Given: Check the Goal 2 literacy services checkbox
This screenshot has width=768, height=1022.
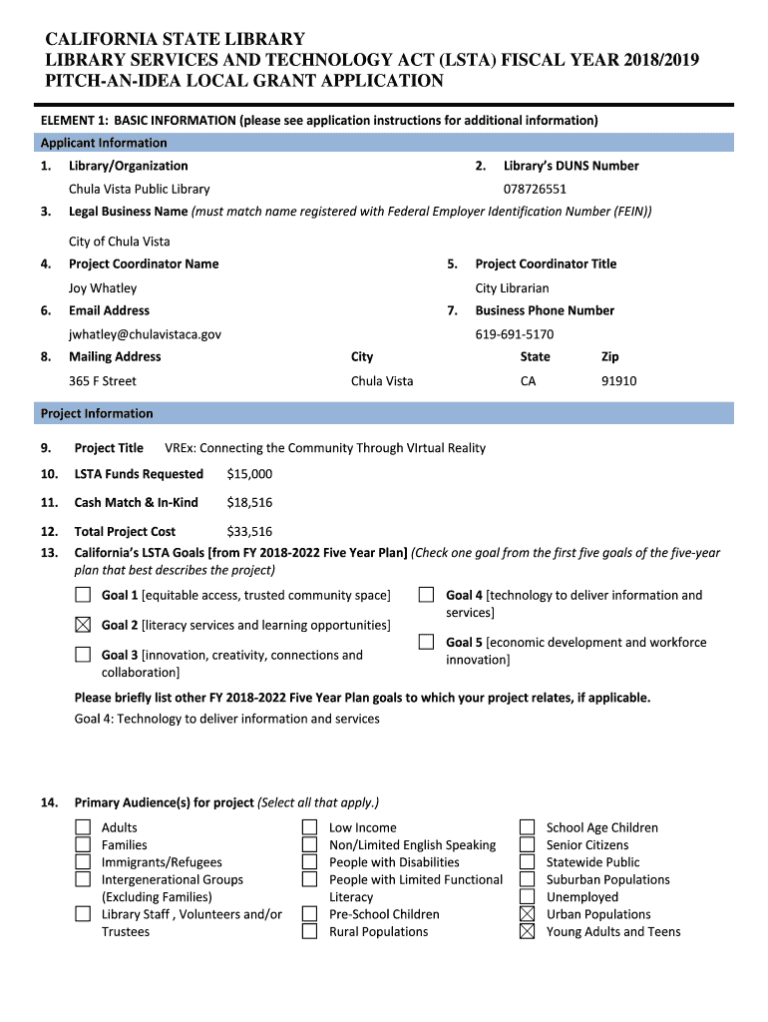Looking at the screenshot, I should click(x=83, y=626).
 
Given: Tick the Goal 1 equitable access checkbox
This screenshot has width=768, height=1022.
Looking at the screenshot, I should click(x=83, y=596).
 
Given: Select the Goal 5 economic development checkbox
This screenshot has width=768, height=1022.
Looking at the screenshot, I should click(x=427, y=643).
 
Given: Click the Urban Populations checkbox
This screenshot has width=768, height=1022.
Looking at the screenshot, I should click(x=528, y=914).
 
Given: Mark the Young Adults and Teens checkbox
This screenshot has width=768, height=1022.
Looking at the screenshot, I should click(x=528, y=932).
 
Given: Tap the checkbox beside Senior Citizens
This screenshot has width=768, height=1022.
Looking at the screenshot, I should click(x=528, y=845).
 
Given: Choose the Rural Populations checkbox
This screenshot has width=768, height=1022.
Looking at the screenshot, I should click(x=310, y=932).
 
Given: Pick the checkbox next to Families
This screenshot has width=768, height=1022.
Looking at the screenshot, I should click(x=83, y=845).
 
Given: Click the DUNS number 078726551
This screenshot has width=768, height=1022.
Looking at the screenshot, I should click(x=535, y=189).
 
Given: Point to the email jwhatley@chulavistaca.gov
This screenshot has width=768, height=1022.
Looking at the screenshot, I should click(x=145, y=334).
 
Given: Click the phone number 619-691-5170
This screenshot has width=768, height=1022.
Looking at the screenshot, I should click(x=515, y=334).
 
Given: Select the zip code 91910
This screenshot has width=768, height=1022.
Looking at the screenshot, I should click(x=618, y=381).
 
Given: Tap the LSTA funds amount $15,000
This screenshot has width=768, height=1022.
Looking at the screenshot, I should click(x=249, y=474).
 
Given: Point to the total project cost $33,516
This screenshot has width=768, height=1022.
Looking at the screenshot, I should click(x=249, y=532).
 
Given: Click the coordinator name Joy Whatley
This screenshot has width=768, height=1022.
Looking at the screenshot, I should click(x=103, y=288).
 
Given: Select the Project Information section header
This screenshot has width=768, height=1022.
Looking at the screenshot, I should click(x=97, y=413).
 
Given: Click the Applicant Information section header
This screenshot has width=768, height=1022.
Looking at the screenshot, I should click(x=104, y=143).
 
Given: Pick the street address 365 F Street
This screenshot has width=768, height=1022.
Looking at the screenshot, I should click(x=103, y=381).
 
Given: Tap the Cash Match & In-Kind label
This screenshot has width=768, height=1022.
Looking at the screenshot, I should click(x=136, y=503).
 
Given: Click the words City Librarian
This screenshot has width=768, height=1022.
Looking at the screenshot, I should click(x=512, y=288).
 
